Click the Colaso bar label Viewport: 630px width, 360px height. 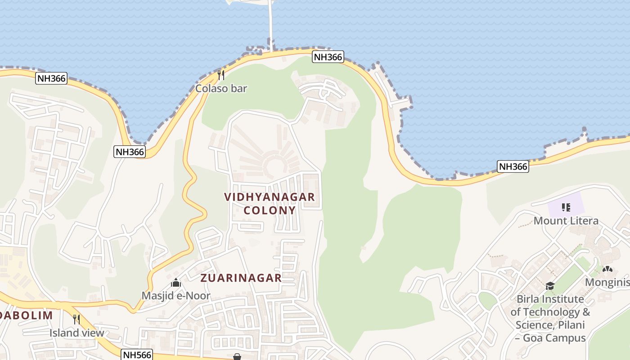pos(221,88)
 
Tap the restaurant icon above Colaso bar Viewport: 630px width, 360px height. pos(221,75)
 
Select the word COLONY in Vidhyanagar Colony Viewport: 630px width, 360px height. pos(270,210)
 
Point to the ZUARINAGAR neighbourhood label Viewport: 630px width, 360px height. pos(241,278)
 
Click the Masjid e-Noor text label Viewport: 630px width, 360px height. pos(176,296)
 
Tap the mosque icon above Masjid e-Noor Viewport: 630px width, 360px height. pos(176,283)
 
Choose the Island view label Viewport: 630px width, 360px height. pos(76,333)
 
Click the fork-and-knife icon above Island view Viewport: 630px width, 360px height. pos(76,319)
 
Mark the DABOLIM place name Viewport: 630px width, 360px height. pos(27,315)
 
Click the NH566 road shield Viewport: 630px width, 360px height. pos(137,355)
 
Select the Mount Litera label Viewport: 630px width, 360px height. pos(566,220)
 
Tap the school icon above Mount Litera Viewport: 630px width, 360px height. pos(566,207)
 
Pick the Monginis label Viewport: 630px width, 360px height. pos(607,282)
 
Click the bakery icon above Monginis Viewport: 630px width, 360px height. pos(607,270)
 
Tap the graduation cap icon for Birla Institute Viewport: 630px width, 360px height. pos(549,286)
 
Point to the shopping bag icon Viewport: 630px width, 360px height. pos(237,356)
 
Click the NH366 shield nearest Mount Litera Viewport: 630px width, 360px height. pos(513,166)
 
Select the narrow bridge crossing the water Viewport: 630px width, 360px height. pos(271,22)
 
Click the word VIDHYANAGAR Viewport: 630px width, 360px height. pos(270,197)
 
